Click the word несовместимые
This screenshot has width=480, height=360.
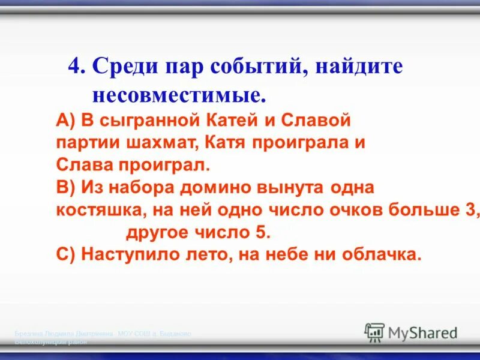click(178, 94)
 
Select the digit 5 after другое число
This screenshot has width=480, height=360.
click(266, 232)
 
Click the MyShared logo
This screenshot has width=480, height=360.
click(412, 332)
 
